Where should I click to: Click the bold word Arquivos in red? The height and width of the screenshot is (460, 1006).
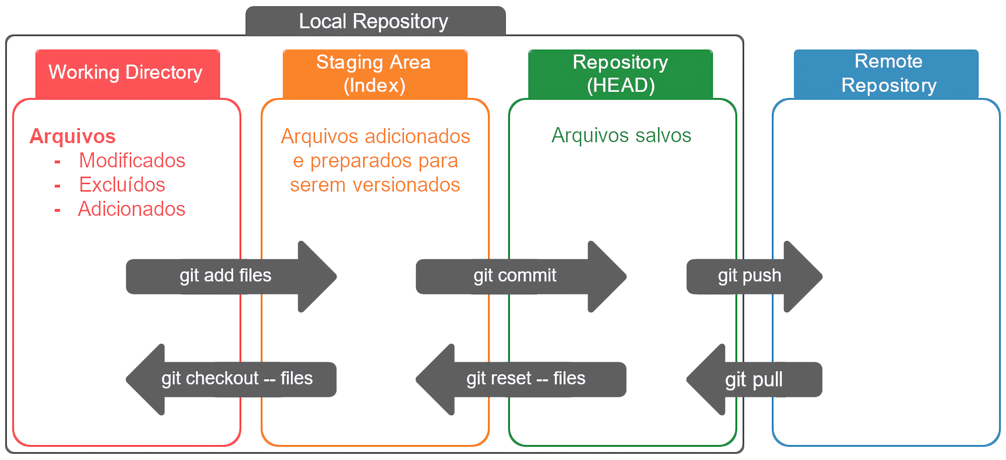[x=73, y=136]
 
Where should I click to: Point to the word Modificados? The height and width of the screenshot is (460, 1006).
[x=132, y=160]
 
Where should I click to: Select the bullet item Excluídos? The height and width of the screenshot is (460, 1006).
[x=122, y=185]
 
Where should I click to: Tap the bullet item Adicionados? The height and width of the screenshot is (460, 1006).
[x=132, y=209]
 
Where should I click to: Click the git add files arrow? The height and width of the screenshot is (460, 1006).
[x=230, y=276]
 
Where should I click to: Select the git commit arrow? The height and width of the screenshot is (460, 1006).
[x=519, y=276]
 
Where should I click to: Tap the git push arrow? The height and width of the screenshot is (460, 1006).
[x=754, y=276]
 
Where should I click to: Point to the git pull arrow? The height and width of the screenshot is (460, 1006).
[x=754, y=380]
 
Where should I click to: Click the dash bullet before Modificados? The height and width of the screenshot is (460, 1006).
[x=57, y=161]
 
